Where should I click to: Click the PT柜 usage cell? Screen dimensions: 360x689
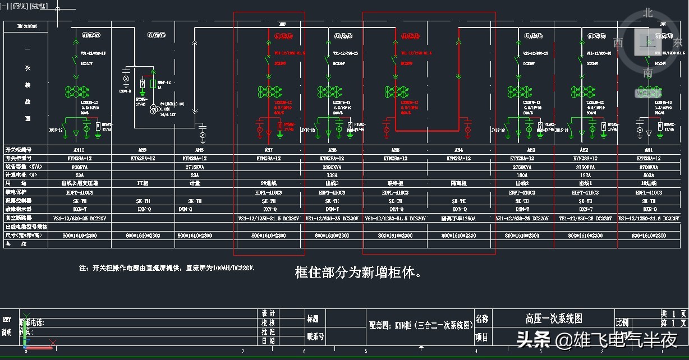tap(142, 183)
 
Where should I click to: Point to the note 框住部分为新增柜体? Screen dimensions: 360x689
tap(358, 273)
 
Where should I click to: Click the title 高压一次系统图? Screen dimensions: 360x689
tap(554, 319)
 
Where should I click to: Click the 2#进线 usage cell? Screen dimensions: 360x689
tap(269, 183)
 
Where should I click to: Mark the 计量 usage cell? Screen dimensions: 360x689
tap(195, 183)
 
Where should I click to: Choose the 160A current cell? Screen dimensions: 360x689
tap(522, 175)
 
